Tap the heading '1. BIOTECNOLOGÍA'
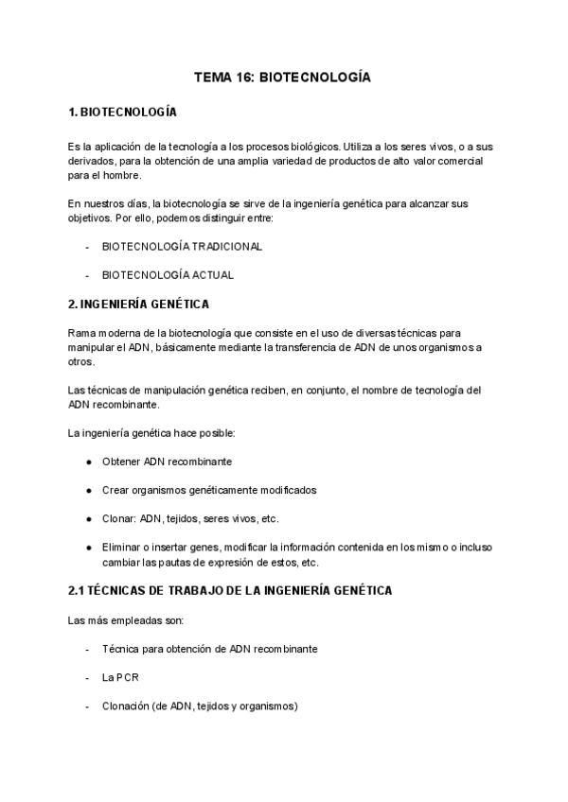point(123,112)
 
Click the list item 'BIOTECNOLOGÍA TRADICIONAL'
point(182,246)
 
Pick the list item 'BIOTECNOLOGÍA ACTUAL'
point(168,275)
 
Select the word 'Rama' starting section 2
point(82,333)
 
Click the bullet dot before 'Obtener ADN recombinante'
point(88,462)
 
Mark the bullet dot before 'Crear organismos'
point(88,490)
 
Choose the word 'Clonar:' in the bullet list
point(118,518)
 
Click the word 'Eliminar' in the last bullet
point(122,547)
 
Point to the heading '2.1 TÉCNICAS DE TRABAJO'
point(230,590)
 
